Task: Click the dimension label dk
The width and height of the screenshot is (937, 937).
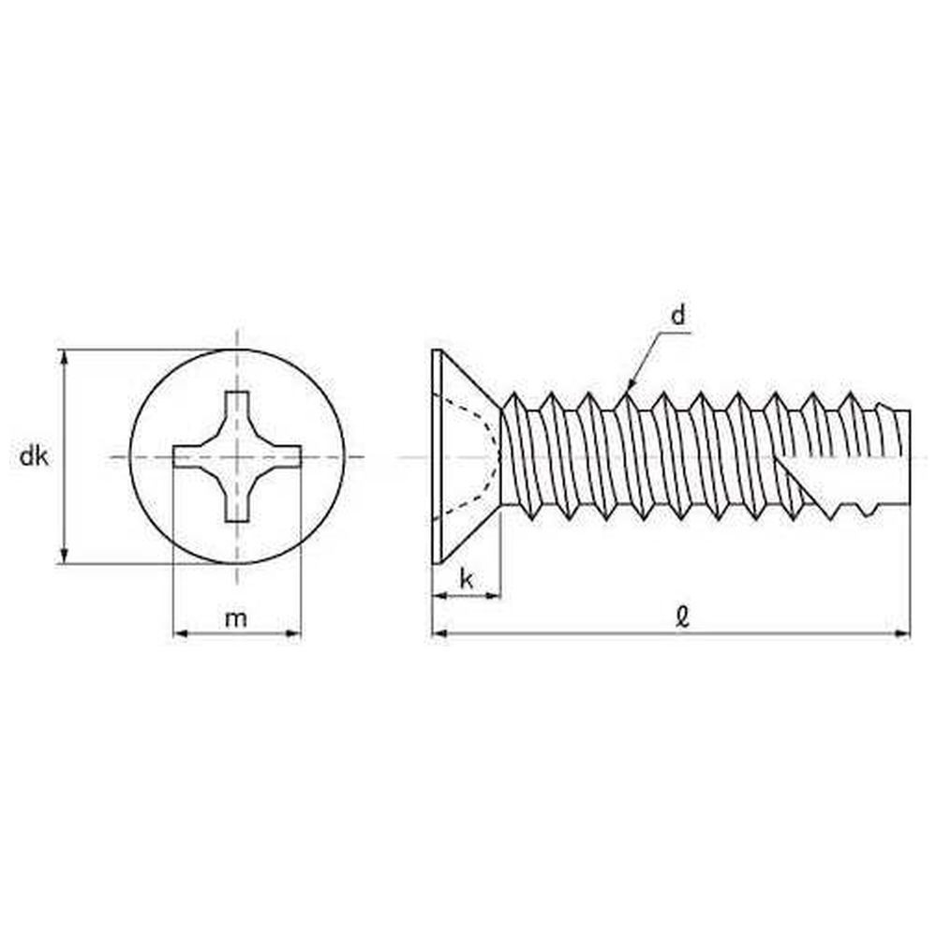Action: coord(34,456)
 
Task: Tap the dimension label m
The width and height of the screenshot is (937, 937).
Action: coord(236,618)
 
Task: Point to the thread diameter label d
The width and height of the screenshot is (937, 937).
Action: coord(678,315)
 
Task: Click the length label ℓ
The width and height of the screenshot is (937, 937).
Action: coord(682,617)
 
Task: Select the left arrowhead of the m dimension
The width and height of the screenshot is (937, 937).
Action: coord(181,633)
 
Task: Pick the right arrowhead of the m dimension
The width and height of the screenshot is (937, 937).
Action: coord(292,633)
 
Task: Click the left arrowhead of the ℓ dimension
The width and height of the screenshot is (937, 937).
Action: coord(439,633)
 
